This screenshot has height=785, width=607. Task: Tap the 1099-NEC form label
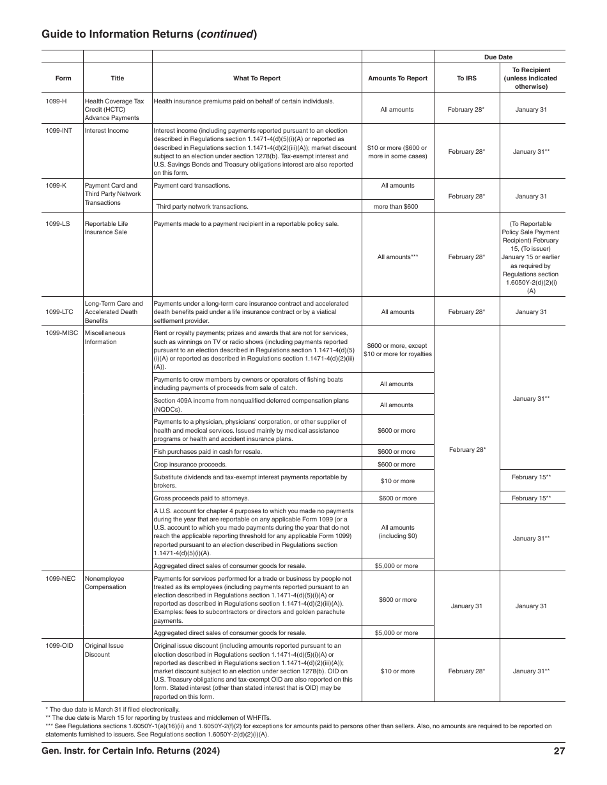pos(60,579)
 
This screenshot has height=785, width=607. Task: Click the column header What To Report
pos(256,78)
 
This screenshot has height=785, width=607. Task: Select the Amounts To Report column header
pos(397,78)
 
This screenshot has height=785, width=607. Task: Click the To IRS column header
pos(466,78)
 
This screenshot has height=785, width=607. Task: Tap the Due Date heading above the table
pos(498,57)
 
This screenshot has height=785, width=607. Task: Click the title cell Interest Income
pos(107,131)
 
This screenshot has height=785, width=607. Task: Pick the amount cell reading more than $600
pos(397,207)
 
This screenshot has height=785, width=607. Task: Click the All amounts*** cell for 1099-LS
pos(397,257)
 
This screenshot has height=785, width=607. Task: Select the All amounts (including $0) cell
pos(397,532)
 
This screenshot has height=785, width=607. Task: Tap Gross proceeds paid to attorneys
pos(201,498)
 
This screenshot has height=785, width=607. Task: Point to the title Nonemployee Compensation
pos(105,583)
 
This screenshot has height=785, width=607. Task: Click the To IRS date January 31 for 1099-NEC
pos(466,606)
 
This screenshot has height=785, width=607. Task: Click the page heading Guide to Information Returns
pos(149,34)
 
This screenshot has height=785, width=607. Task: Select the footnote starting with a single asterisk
pos(112,709)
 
